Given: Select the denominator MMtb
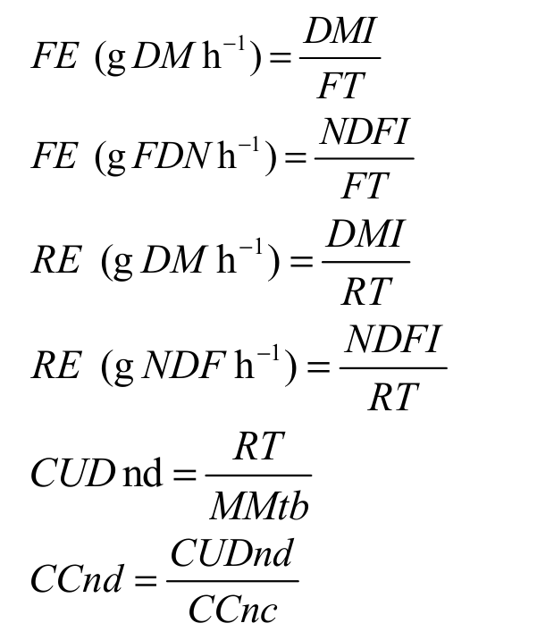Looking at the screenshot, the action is [259, 507].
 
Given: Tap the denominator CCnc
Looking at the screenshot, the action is [233, 611].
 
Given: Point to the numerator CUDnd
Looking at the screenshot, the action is [231, 554].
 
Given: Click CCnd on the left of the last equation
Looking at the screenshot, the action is [78, 581].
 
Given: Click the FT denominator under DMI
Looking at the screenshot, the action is [340, 86].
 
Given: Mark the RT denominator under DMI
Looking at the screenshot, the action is [365, 291].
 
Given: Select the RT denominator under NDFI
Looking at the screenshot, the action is [394, 395].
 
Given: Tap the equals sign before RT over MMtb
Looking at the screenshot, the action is [184, 476].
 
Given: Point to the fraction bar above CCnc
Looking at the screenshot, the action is [232, 583].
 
